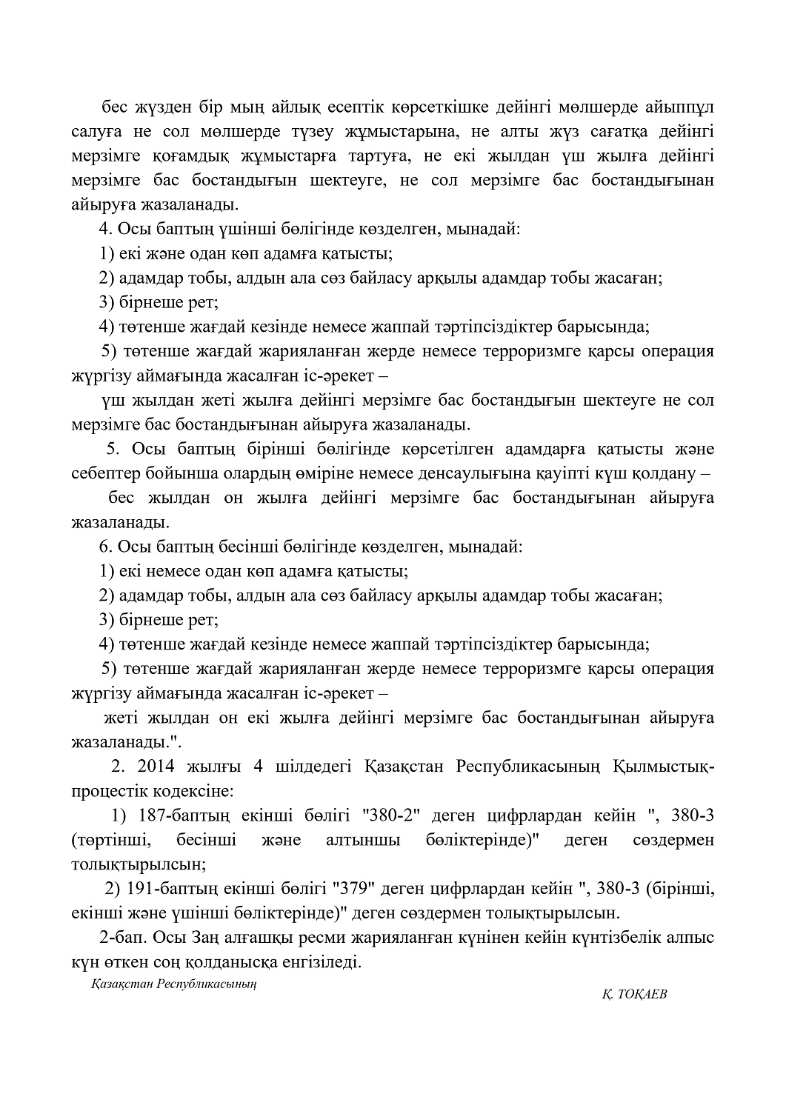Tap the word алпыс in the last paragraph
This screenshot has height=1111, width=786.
[688, 937]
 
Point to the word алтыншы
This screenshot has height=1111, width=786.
[363, 840]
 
